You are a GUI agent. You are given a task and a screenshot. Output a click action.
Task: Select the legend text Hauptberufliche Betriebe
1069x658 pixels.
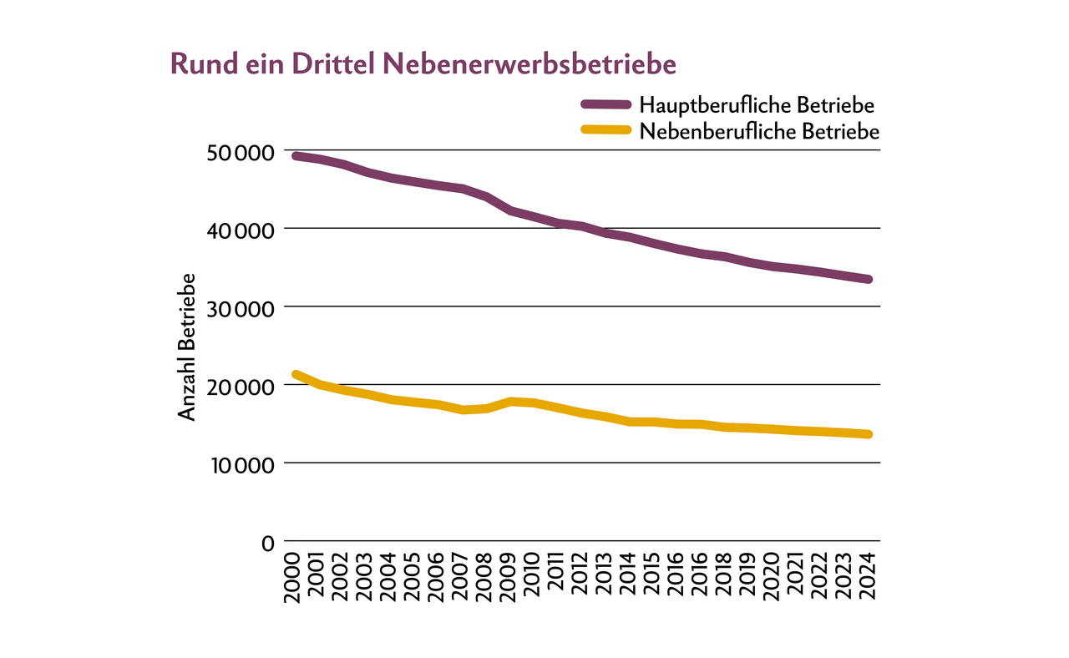point(757,105)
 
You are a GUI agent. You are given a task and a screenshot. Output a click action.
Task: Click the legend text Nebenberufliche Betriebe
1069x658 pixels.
point(759,132)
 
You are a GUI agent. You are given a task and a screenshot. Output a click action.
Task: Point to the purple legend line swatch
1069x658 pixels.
point(605,104)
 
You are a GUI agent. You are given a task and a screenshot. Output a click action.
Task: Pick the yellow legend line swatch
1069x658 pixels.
point(605,129)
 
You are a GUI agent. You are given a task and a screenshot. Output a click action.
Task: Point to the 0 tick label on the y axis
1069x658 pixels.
point(268,544)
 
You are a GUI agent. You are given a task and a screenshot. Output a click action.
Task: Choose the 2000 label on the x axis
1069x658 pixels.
point(293,577)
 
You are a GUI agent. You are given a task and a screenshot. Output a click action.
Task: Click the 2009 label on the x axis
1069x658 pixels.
point(509,577)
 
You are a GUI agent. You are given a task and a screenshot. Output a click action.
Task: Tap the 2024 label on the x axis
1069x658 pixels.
point(869,577)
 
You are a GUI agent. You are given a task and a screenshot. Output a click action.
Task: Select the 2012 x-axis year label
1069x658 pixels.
point(580,577)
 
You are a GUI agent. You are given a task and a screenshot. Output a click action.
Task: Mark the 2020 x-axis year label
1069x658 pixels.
point(773,577)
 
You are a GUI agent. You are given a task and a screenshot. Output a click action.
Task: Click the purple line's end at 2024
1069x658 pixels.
point(869,279)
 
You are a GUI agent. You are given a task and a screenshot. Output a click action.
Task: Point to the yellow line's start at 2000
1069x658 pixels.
point(295,374)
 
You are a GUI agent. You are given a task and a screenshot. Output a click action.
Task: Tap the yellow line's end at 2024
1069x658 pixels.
point(869,434)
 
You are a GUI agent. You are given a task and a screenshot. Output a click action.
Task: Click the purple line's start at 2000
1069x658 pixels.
point(295,156)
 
